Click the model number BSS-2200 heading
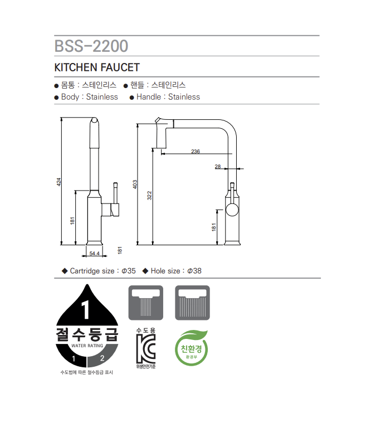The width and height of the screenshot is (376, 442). point(91,46)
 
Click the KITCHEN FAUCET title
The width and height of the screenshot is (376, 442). point(96,67)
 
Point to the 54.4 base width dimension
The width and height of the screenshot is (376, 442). point(94,254)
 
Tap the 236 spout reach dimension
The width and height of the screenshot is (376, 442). point(196,152)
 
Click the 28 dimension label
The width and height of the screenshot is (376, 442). point(217,166)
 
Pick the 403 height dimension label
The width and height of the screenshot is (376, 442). point(135,184)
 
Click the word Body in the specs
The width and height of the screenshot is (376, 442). point(70,97)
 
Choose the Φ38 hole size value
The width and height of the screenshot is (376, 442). point(194,271)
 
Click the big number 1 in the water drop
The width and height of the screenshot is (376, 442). point(86,308)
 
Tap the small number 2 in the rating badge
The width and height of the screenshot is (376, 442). point(102,357)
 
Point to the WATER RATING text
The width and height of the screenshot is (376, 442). point(87,346)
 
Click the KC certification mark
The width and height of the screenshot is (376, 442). point(145,349)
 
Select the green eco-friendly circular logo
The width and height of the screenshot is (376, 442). point(191,349)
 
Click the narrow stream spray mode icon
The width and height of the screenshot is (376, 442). point(145,303)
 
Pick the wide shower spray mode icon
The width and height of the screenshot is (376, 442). point(192,303)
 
